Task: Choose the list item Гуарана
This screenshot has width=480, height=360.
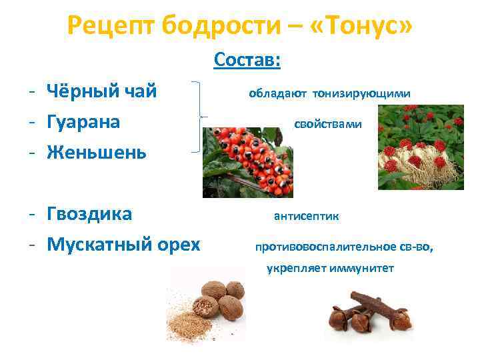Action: click(x=83, y=122)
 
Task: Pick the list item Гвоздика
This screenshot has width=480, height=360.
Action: click(x=89, y=214)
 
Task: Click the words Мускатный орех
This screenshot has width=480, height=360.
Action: click(x=123, y=244)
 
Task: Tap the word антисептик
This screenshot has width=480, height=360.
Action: click(x=306, y=216)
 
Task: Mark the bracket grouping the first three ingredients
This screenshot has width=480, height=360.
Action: click(x=197, y=117)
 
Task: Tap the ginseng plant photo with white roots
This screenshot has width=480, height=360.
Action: click(x=420, y=147)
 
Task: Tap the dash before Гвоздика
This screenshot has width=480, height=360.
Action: click(x=32, y=215)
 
